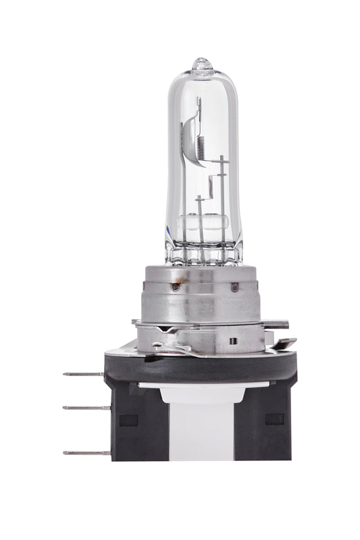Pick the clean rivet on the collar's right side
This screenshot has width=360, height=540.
point(234,288)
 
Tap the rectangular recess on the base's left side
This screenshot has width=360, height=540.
point(128,418)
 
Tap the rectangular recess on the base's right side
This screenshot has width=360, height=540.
point(274,418)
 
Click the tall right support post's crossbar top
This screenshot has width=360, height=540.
point(222,159)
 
